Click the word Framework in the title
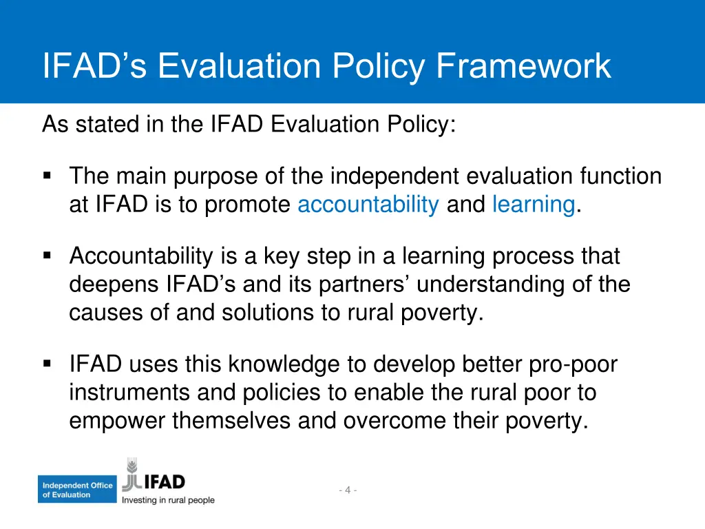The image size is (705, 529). pos(524,66)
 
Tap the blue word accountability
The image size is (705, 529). pos(368,205)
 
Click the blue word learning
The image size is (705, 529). pos(534,205)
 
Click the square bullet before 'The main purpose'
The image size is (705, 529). pos(48,176)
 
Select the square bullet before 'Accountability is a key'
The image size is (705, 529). pos(48,256)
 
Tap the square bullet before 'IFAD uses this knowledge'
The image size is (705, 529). pos(48,364)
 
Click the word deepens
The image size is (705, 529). pos(114,284)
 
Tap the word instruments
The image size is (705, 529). pos(129,393)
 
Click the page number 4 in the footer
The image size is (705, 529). pos(348,490)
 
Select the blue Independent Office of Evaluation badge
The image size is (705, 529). pos(76,490)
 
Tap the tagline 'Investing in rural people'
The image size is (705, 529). pos(169,501)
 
